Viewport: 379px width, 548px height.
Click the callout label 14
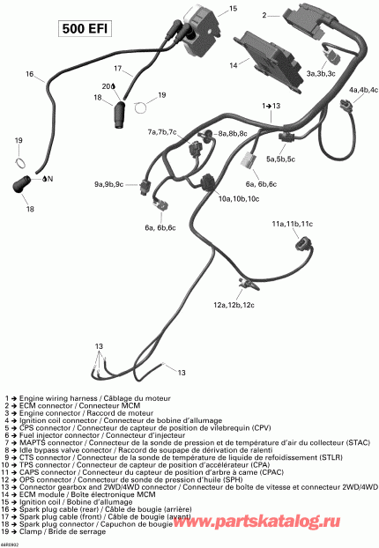coord(233,65)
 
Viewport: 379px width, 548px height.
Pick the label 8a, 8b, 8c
coord(232,133)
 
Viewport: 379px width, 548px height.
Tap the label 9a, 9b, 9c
coord(110,184)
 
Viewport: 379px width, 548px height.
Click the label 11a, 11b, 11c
coord(292,224)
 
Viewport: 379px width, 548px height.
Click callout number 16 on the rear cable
coord(32,76)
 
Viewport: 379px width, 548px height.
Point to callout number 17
coord(118,68)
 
